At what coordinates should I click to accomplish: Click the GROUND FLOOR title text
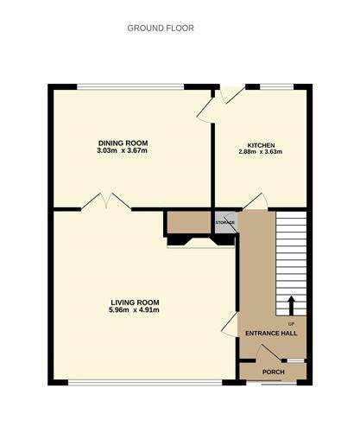coord(161,28)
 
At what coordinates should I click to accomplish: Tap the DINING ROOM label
coord(123,143)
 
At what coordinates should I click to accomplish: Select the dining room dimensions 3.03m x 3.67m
coord(123,152)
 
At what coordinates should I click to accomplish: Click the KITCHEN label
coord(260,144)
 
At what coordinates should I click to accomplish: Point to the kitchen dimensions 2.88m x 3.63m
coord(260,152)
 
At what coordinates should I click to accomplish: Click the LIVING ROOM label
coord(133,302)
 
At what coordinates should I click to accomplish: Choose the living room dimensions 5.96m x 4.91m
coord(133,310)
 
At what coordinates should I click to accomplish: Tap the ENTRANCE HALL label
coord(271,334)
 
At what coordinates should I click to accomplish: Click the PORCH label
coord(273,372)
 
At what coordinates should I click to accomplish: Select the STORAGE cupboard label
coord(224,223)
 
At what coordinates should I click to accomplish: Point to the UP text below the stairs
coord(291,322)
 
